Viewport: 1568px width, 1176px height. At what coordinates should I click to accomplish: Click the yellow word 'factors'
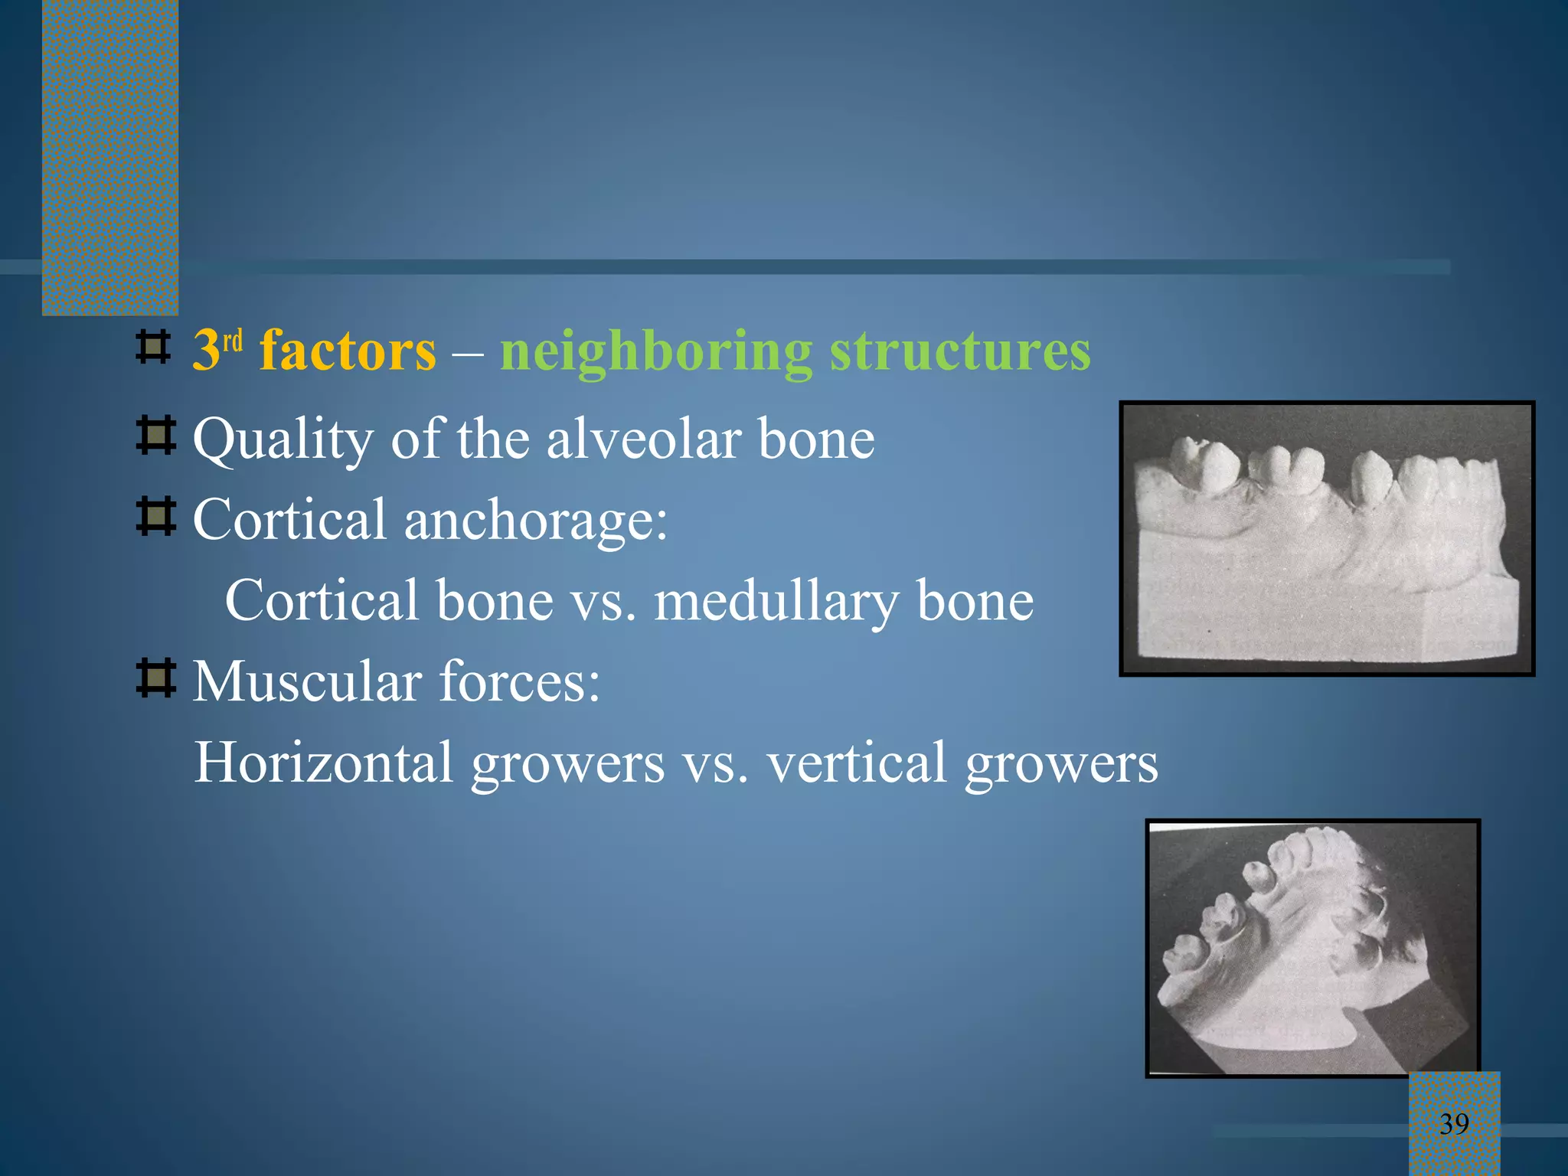[348, 351]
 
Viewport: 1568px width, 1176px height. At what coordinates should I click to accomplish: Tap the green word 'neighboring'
[656, 352]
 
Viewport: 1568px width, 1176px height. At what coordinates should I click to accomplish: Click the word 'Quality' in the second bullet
[283, 440]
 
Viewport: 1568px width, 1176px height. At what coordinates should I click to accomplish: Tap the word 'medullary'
[776, 601]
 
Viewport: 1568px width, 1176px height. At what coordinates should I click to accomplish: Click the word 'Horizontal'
[323, 763]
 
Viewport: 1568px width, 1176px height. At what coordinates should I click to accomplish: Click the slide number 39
[1454, 1124]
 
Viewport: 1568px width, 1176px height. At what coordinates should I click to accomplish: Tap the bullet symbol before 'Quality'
[156, 436]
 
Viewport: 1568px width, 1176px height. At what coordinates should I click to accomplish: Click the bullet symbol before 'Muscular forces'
[156, 678]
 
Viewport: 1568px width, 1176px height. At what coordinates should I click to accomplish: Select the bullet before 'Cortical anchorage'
[156, 516]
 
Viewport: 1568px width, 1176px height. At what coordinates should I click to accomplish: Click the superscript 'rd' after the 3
[233, 341]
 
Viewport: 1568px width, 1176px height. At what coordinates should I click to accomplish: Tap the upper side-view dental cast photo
[1327, 538]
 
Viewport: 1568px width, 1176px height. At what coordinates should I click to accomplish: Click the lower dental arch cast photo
[1312, 948]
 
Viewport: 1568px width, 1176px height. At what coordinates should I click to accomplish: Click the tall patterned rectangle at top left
[110, 157]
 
